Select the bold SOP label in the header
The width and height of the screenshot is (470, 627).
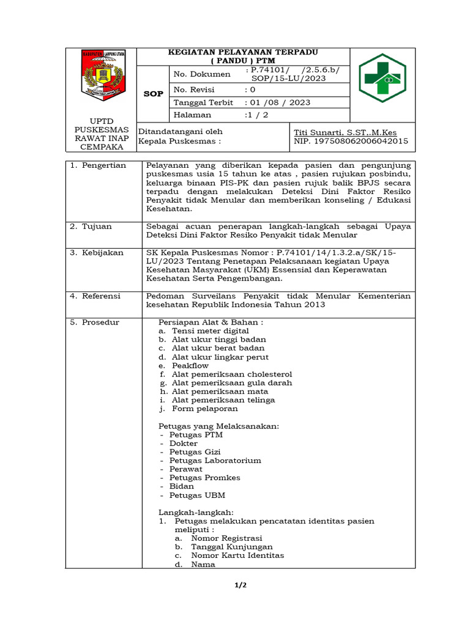point(153,94)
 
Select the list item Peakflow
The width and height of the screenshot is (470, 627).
point(190,366)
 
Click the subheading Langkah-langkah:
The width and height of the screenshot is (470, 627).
point(196,512)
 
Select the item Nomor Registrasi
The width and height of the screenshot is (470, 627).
point(226,538)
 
